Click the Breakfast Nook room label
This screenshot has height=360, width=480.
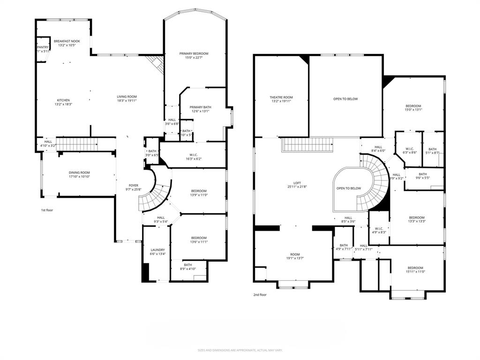pos(67,41)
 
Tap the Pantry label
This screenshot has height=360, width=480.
pos(43,47)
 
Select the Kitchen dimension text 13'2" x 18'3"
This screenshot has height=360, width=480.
pos(64,105)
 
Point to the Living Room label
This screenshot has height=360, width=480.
pos(127,97)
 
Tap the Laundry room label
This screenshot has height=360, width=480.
pos(157,250)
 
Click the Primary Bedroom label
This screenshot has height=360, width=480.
pos(194,53)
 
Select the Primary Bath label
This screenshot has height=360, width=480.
pos(200,107)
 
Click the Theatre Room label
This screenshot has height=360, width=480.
pos(281,97)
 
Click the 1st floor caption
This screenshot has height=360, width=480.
pos(47,210)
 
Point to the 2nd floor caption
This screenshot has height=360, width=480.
pos(260,295)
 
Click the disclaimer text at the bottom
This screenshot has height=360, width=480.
pos(240,350)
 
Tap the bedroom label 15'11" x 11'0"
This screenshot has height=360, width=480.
pos(415,270)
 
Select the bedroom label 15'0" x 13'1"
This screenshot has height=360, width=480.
pos(413,108)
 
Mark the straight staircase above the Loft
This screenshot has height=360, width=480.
pos(307,144)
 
